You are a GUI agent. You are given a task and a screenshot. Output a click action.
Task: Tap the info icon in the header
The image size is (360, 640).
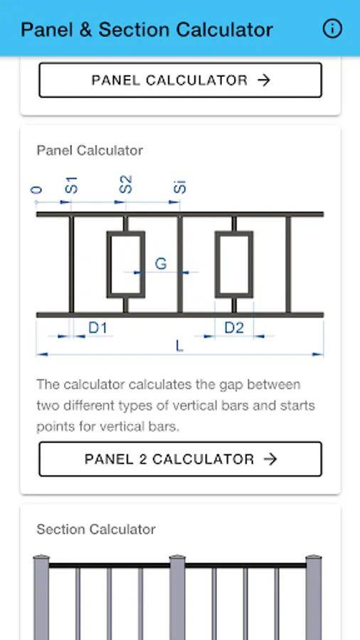332,29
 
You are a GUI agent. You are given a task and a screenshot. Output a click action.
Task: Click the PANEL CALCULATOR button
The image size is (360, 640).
181,80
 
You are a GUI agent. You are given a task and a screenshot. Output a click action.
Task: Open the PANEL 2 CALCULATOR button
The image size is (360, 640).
181,459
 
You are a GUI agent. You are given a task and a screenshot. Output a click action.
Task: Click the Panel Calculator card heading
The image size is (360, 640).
90,150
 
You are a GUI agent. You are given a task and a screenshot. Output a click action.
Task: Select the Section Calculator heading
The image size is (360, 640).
96,529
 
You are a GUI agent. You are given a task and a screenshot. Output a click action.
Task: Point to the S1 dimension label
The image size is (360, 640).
71,185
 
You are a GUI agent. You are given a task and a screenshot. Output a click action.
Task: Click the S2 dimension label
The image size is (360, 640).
126,184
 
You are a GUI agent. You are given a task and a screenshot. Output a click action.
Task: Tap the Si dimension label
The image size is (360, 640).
179,186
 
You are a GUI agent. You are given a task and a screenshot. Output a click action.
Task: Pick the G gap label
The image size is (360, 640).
161,264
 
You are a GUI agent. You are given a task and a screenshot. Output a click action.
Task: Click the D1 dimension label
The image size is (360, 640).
98,327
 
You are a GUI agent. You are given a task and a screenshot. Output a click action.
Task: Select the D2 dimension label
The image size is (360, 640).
234,327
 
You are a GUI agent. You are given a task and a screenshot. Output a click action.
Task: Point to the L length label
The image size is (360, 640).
179,346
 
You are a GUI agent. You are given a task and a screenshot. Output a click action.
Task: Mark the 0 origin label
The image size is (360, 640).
37,190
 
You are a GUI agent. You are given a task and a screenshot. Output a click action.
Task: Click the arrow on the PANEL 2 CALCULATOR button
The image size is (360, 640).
270,459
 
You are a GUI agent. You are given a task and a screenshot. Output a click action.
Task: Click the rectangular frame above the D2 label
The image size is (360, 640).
234,265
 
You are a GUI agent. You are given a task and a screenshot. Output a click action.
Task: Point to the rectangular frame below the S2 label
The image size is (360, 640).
126,265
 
